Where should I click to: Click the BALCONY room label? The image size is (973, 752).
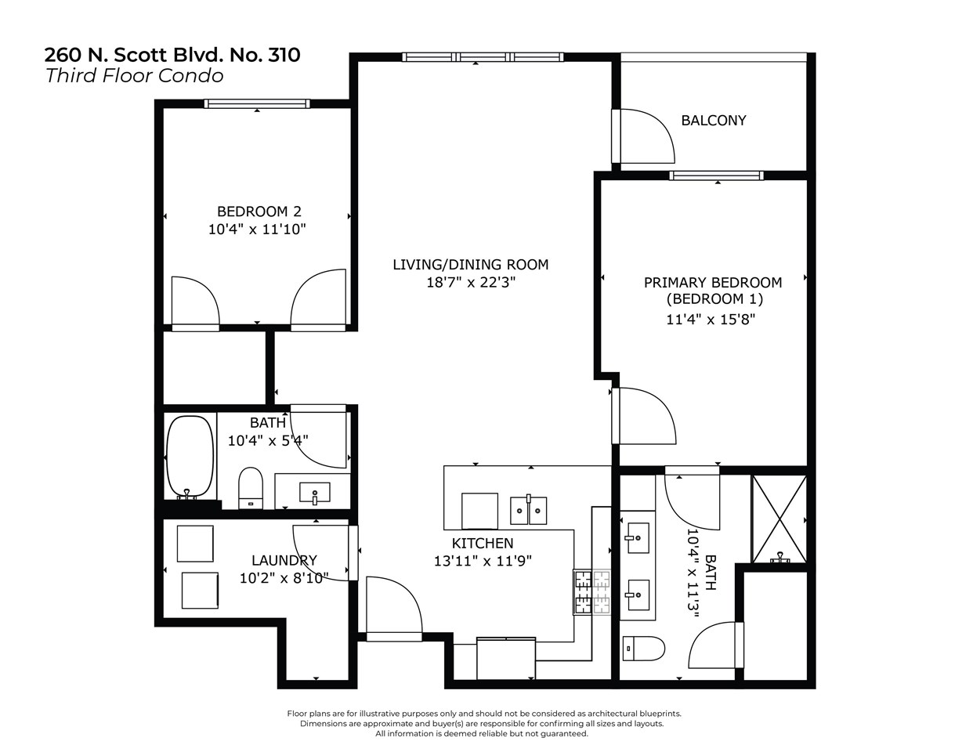(713, 121)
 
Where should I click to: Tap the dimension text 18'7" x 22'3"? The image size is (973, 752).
(471, 283)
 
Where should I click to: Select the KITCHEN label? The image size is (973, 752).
(483, 543)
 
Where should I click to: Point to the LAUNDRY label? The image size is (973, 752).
(284, 560)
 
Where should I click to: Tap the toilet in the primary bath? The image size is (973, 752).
(643, 649)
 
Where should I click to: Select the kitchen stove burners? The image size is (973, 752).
(592, 591)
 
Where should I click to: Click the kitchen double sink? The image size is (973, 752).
(528, 510)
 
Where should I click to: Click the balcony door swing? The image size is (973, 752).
(646, 136)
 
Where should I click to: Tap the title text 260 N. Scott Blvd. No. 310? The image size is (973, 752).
(172, 55)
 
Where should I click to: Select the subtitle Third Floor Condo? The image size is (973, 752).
(134, 76)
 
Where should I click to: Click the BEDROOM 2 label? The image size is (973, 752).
(259, 211)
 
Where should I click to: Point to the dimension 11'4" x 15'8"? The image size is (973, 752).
(711, 319)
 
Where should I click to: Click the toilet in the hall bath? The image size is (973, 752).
(251, 488)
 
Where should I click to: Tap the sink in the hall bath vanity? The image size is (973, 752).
(315, 493)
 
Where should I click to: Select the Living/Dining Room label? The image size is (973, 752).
(470, 265)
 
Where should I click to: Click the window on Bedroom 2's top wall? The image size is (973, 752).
(257, 103)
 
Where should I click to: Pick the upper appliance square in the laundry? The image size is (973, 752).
(195, 544)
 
